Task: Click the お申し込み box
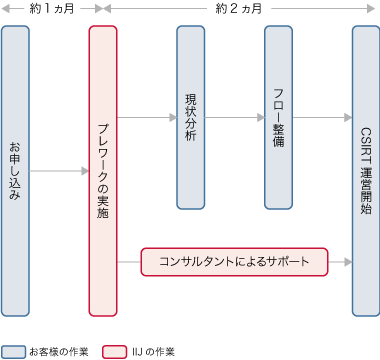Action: click(x=15, y=170)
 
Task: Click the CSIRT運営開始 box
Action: click(x=366, y=170)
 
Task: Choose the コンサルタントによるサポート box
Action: click(x=235, y=262)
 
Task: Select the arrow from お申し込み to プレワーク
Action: click(x=59, y=171)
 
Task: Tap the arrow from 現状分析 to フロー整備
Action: click(x=235, y=117)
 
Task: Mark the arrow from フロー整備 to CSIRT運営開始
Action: click(x=322, y=117)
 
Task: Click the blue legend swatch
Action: click(x=14, y=351)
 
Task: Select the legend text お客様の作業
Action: click(x=59, y=351)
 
